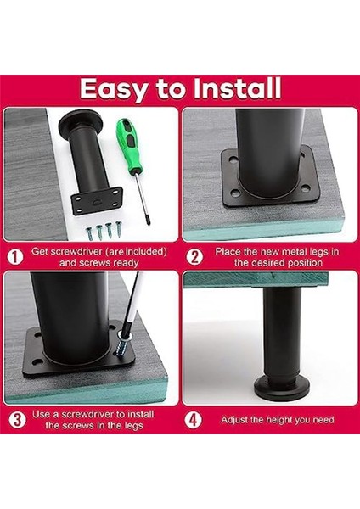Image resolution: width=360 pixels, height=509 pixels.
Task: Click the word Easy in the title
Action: point(117,89)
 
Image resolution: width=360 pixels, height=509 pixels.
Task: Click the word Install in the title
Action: point(235,89)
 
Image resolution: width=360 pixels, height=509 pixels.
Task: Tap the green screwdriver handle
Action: point(128,140)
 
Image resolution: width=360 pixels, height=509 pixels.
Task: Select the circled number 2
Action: point(194,256)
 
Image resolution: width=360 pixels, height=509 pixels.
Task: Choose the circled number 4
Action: point(194,419)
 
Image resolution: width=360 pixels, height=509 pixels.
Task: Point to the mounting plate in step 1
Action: point(97,200)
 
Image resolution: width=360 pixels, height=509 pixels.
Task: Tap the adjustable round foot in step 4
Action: point(281,387)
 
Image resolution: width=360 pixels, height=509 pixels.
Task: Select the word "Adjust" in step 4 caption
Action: point(237,420)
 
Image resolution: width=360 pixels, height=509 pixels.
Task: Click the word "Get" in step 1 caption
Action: point(42,251)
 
